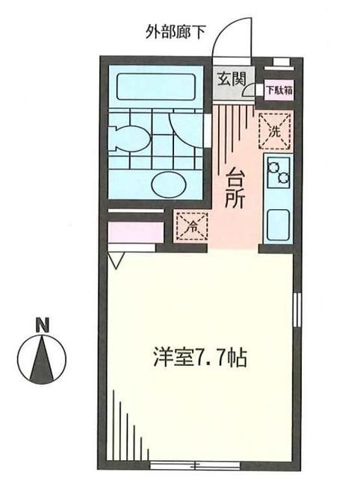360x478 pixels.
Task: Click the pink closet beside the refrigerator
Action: pos(135,232)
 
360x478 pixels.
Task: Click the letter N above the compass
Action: pos(44,325)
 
